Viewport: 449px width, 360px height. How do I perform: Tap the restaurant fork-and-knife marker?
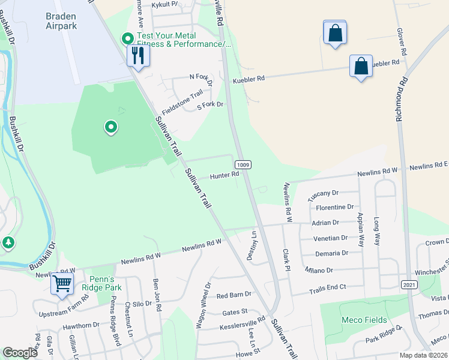point(137,56)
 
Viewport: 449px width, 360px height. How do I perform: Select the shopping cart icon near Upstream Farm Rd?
point(62,283)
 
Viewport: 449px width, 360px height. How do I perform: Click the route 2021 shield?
point(409,284)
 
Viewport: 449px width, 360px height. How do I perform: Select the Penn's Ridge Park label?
point(106,283)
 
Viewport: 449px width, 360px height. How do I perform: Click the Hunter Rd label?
point(224,176)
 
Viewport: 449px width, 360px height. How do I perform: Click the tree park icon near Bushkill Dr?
point(8,242)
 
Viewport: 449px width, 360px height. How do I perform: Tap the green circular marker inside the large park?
point(110,127)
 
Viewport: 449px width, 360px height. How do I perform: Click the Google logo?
point(20,353)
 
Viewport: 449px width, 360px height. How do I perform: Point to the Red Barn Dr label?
point(234,295)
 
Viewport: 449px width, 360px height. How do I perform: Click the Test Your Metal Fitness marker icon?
point(127,39)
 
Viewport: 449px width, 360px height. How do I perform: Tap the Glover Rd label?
point(402,41)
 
